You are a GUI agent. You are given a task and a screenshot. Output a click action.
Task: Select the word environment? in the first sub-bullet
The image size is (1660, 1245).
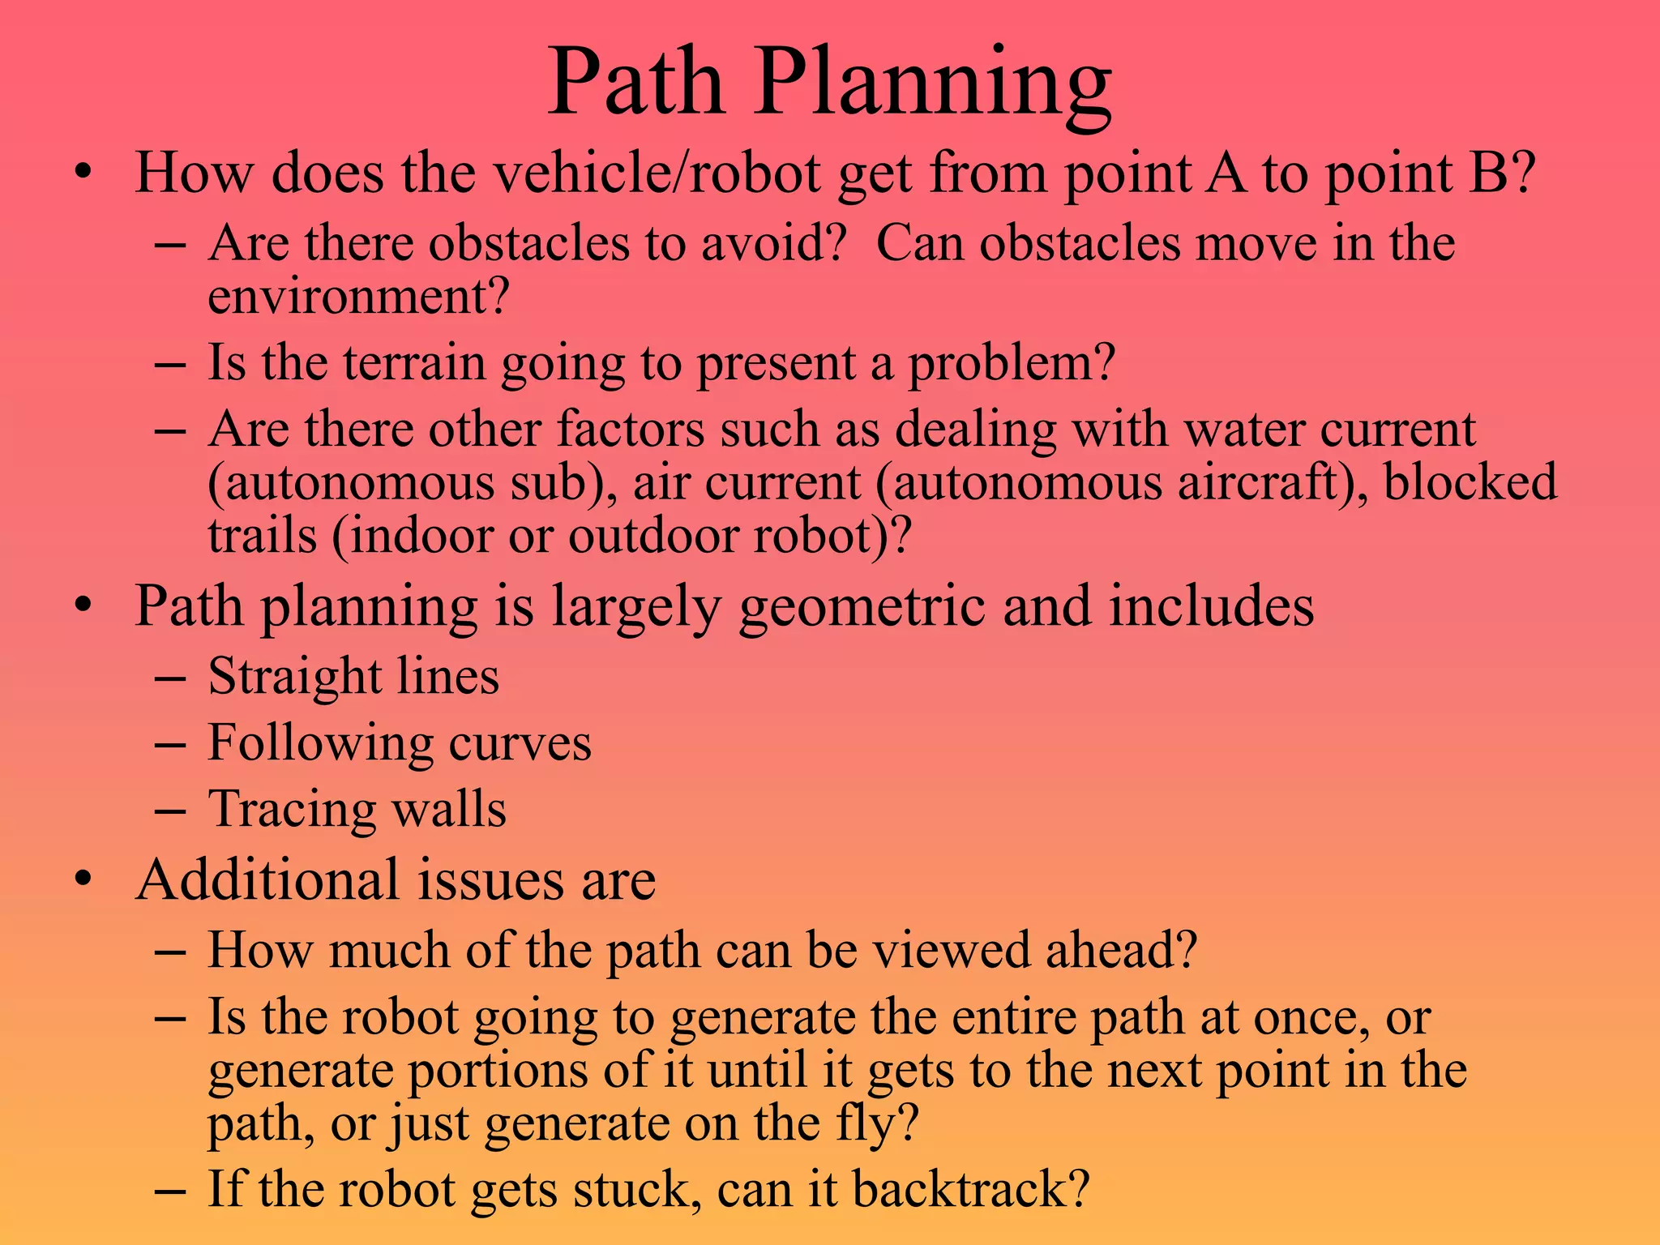pos(358,297)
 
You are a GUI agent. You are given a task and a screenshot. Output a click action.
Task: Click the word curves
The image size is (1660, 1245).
pos(520,743)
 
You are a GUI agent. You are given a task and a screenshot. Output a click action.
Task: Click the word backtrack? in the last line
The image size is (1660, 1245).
pos(970,1189)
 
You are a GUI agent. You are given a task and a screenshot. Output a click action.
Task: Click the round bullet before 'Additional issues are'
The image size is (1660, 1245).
pos(83,881)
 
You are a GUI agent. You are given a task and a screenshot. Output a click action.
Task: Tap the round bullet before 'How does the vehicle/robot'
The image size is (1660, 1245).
pos(83,173)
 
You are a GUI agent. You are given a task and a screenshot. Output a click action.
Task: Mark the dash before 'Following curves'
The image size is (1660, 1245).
pos(169,744)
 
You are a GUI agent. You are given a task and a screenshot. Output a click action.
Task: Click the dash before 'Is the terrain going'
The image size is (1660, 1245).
pos(169,363)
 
